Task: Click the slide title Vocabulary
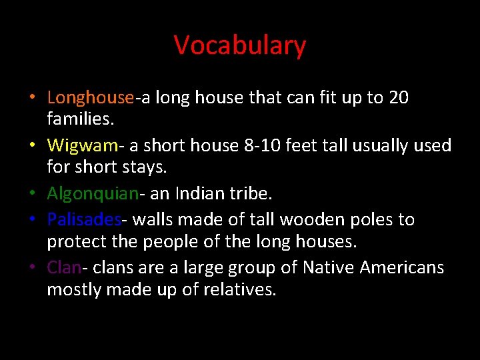pyautogui.click(x=240, y=45)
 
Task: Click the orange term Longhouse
pyautogui.click(x=91, y=98)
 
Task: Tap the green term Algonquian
pyautogui.click(x=93, y=194)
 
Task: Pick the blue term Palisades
pyautogui.click(x=84, y=219)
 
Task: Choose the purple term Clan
pyautogui.click(x=64, y=267)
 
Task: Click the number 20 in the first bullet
pyautogui.click(x=398, y=98)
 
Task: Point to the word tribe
pyautogui.click(x=249, y=194)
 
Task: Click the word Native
pyautogui.click(x=329, y=267)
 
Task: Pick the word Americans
pyautogui.click(x=402, y=267)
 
